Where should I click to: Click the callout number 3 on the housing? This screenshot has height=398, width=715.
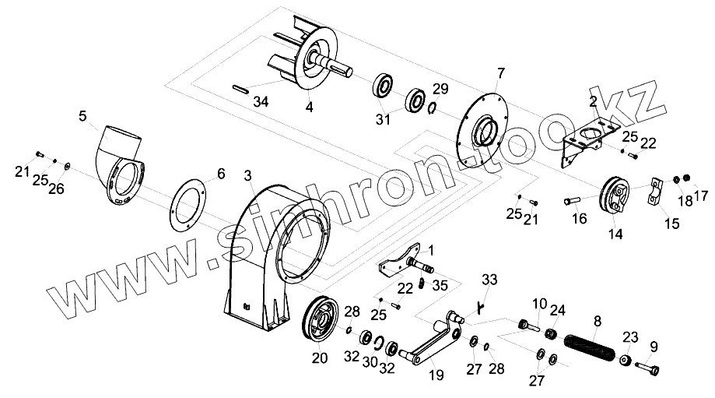(248, 176)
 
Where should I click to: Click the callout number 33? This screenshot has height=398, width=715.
(489, 280)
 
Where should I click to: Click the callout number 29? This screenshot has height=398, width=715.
(440, 87)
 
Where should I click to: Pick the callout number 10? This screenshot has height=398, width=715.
(539, 303)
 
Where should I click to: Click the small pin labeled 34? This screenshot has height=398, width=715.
(240, 87)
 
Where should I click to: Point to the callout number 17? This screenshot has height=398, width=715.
(700, 195)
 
